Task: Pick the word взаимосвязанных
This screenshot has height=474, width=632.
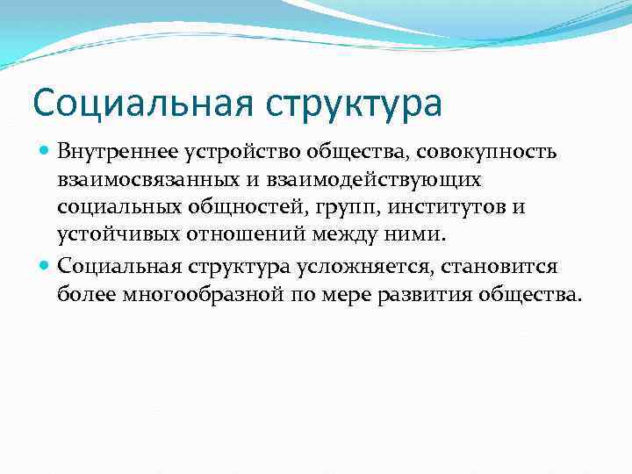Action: pos(133,180)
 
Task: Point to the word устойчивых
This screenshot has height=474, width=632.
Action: pos(111,236)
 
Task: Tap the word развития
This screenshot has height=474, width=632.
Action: pos(432,294)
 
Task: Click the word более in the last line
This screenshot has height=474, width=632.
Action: pos(84,294)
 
